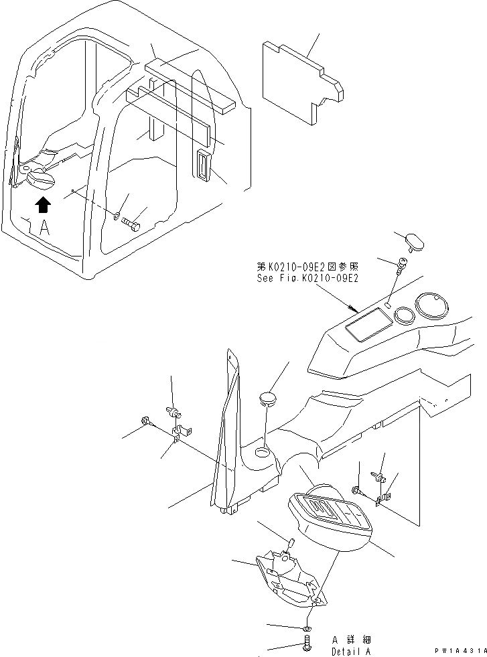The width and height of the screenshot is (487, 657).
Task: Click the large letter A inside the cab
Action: [x=44, y=228]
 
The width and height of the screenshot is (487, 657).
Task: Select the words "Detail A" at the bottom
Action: [x=350, y=652]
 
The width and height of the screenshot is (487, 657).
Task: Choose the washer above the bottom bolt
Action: [x=307, y=628]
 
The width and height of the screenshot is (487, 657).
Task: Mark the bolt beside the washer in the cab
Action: [x=133, y=224]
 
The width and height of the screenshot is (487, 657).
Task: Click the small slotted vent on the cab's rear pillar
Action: [x=203, y=166]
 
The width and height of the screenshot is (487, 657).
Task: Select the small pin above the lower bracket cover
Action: [x=291, y=542]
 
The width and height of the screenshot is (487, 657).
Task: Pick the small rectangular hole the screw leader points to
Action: [x=388, y=306]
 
